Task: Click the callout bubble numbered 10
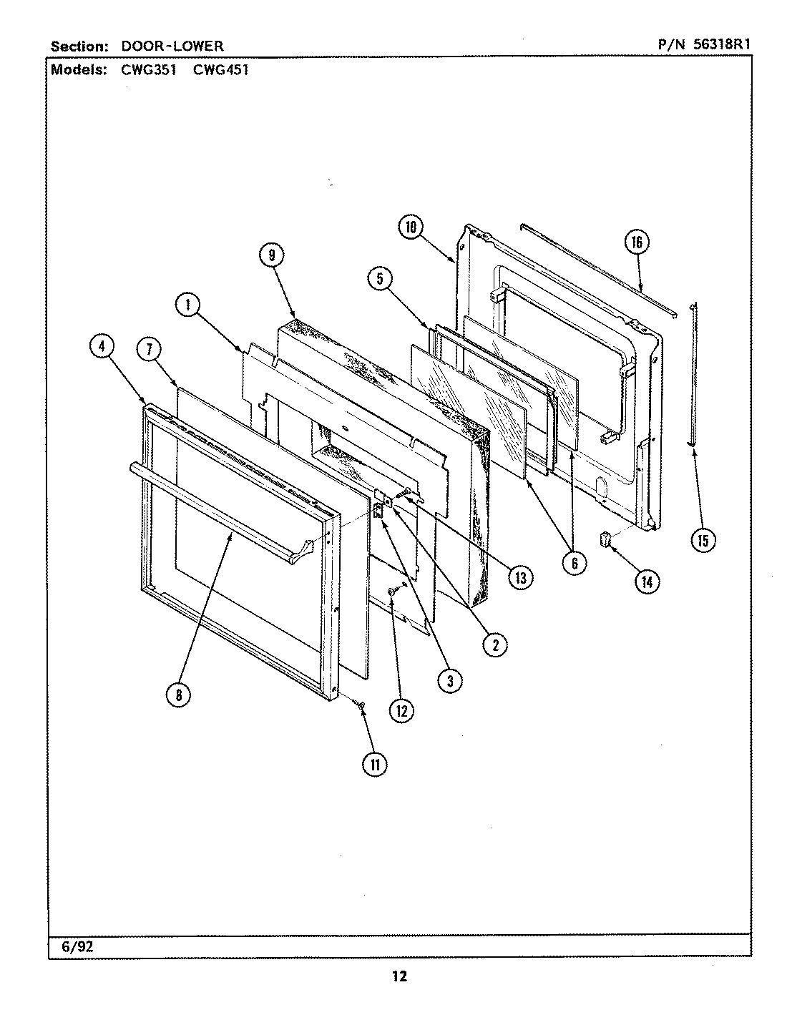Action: tap(410, 227)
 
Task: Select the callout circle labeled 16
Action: tap(636, 242)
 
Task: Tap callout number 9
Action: tap(273, 255)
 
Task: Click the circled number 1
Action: tap(187, 305)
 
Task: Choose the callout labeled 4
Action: tap(102, 347)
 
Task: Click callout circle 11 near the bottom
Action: tap(374, 764)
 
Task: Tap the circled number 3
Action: tap(449, 681)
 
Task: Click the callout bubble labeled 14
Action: tap(647, 582)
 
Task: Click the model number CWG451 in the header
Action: tap(220, 70)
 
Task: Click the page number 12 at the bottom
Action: tap(399, 977)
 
